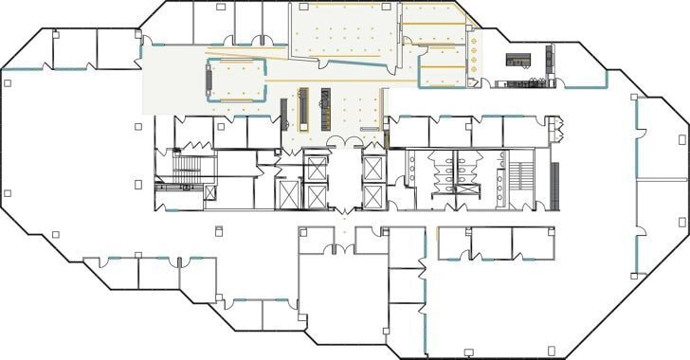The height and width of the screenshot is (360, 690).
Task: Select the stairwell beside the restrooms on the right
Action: [522, 174]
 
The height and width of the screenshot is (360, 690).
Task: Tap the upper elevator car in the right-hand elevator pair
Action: [373, 171]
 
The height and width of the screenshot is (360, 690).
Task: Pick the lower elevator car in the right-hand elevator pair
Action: [373, 197]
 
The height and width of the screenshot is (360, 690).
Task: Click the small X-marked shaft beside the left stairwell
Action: [210, 191]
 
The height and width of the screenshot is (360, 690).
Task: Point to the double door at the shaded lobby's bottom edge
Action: [338, 142]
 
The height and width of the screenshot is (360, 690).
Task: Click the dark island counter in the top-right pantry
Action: [517, 60]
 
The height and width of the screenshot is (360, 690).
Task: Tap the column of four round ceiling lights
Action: [470, 54]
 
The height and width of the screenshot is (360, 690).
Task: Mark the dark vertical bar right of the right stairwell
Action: [555, 186]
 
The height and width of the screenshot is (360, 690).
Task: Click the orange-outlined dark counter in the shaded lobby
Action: [304, 107]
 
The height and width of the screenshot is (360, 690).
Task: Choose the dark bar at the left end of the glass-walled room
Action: [209, 81]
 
